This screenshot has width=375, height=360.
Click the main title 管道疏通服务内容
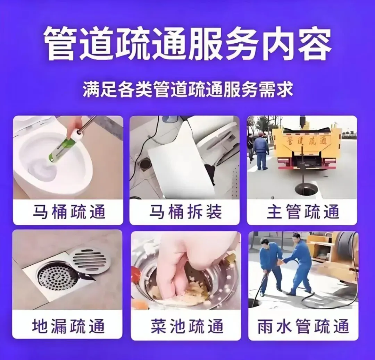[x=187, y=44]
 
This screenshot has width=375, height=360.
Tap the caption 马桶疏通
[x=69, y=212]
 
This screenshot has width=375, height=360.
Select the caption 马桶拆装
[x=185, y=212]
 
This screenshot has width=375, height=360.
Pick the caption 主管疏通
[x=303, y=212]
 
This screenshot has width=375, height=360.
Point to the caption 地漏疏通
[x=68, y=326]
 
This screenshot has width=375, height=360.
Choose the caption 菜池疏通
[x=187, y=326]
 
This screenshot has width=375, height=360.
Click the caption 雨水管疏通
[x=303, y=326]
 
